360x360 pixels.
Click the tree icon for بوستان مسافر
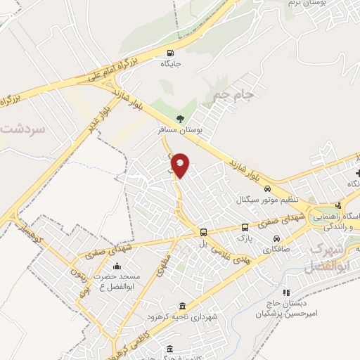182,119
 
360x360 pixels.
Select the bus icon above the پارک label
245,227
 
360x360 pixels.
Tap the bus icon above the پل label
202,231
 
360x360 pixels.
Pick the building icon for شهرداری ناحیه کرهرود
183,306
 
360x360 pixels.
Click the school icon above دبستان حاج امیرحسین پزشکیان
285,292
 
